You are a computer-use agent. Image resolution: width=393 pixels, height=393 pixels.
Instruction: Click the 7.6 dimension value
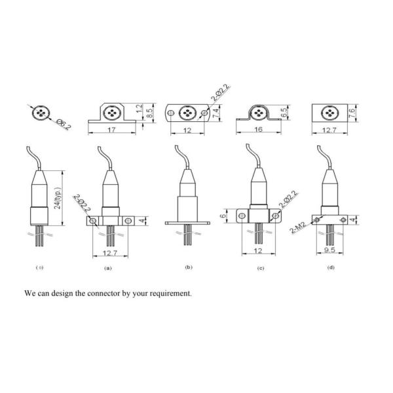352,113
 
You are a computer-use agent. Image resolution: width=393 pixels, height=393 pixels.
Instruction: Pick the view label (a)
107,268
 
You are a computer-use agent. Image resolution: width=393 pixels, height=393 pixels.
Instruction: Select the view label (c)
262,268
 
